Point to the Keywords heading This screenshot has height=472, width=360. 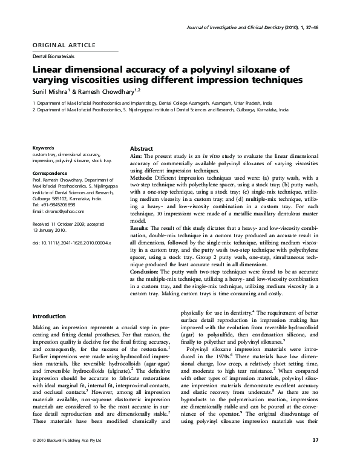click(43, 148)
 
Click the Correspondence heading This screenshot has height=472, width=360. click(50, 174)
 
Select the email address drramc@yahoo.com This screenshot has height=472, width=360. click(64, 212)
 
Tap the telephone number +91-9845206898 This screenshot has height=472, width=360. click(62, 205)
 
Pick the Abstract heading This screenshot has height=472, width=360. click(142, 149)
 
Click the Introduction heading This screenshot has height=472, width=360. click(49, 316)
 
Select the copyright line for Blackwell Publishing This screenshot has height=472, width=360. click(67, 457)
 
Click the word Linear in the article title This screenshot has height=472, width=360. click(51, 69)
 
